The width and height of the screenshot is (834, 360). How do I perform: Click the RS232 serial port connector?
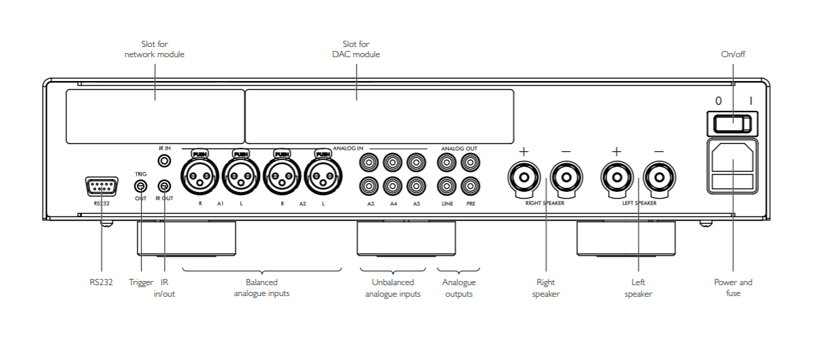(x=101, y=186)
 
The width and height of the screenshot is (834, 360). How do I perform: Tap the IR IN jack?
(x=164, y=161)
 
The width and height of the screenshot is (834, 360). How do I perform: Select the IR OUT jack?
(x=164, y=186)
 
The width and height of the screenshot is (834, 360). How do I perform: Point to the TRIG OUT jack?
(x=140, y=186)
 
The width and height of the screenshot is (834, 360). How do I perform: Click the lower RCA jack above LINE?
(x=447, y=184)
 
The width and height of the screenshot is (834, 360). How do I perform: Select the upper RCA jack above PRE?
(x=469, y=163)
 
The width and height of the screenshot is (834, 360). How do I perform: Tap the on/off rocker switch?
(x=732, y=123)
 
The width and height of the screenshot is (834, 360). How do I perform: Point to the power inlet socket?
(x=732, y=159)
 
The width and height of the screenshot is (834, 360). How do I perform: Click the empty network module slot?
(x=155, y=116)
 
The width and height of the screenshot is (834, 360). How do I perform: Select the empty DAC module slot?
(x=379, y=116)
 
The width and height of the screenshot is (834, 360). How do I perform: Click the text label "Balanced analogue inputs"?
(x=261, y=288)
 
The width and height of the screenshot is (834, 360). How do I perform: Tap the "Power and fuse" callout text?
(x=733, y=287)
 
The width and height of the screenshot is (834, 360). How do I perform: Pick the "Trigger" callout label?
(x=141, y=282)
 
